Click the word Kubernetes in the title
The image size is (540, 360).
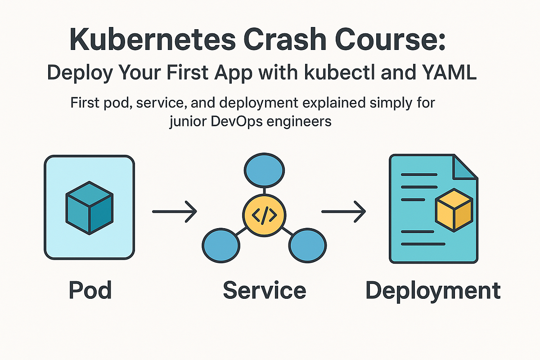pyautogui.click(x=153, y=39)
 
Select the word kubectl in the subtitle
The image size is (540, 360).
pyautogui.click(x=340, y=72)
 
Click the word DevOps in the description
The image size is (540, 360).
pyautogui.click(x=237, y=121)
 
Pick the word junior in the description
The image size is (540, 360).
pyautogui.click(x=188, y=122)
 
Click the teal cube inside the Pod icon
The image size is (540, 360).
pyautogui.click(x=90, y=208)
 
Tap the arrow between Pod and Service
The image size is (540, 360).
pyautogui.click(x=175, y=211)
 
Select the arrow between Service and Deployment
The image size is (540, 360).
pyautogui.click(x=344, y=211)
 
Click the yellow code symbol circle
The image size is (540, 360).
pyautogui.click(x=264, y=215)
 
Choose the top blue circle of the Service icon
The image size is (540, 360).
pyautogui.click(x=264, y=170)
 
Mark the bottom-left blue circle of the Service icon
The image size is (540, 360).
pyautogui.click(x=221, y=245)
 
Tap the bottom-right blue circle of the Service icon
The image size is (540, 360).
pyautogui.click(x=308, y=245)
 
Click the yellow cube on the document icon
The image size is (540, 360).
pyautogui.click(x=454, y=210)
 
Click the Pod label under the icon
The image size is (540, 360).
pyautogui.click(x=90, y=290)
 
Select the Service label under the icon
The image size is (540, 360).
pyautogui.click(x=265, y=290)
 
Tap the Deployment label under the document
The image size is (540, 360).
pyautogui.click(x=433, y=291)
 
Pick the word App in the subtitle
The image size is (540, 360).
pyautogui.click(x=234, y=73)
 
